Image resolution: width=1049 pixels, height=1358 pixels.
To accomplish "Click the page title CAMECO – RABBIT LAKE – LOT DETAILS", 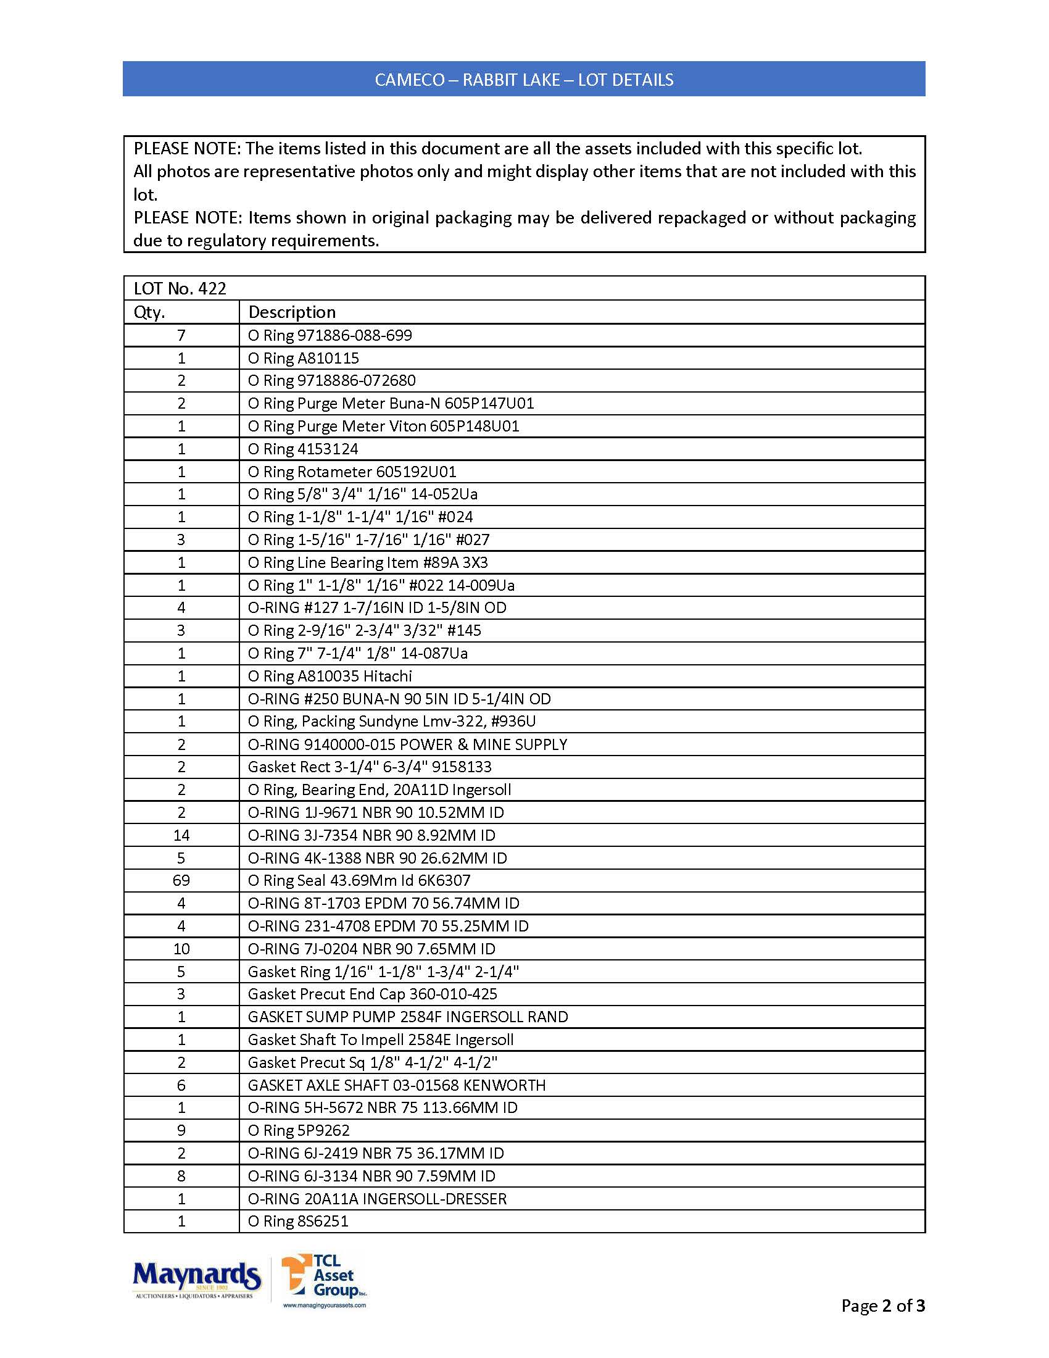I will pos(524,80).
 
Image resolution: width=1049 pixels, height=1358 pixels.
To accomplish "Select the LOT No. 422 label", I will pos(180,288).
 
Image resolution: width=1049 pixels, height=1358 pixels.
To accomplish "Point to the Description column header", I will pos(292,312).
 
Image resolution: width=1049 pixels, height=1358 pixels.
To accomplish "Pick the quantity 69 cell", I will pos(181,880).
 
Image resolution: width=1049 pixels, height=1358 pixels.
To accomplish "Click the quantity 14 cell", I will pos(181,835).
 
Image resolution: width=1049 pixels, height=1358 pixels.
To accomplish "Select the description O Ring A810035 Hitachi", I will pos(330,676).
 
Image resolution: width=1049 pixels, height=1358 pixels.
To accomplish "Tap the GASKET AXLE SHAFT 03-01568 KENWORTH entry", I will pos(397,1085).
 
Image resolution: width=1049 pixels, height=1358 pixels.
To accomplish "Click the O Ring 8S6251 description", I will pos(298,1221).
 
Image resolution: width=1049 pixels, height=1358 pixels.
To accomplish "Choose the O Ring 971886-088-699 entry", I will pos(330,335).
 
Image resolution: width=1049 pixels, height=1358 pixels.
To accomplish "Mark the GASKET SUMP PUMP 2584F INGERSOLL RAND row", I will pos(408,1017).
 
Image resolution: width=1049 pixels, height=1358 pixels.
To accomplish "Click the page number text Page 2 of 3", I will pos(882,1306).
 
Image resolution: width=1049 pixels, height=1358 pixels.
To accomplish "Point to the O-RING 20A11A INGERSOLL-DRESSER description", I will pos(377,1199).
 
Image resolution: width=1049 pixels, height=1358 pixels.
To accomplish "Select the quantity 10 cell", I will pos(181,949).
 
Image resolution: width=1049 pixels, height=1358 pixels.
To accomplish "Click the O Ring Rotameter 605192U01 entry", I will pos(352,472).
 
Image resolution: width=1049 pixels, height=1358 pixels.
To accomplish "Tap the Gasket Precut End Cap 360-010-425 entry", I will pos(372,994).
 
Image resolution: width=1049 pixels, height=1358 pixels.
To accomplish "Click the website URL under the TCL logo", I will pos(325,1305).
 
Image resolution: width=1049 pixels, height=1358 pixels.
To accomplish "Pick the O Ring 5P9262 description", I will pos(299,1130).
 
